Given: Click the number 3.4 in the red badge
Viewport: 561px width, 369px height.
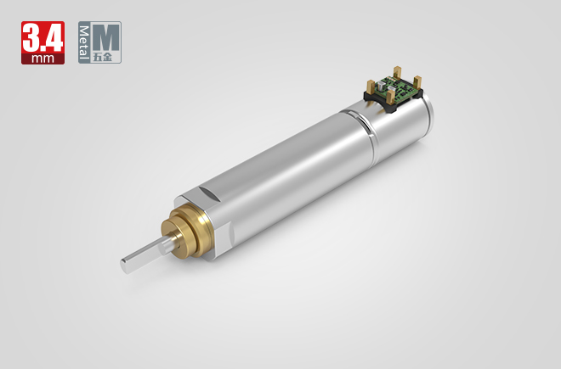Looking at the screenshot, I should pyautogui.click(x=42, y=36).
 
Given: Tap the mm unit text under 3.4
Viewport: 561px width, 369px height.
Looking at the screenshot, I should pyautogui.click(x=42, y=59).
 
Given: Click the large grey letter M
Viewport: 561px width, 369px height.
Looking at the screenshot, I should pyautogui.click(x=108, y=36).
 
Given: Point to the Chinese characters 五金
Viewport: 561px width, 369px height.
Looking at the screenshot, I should pyautogui.click(x=108, y=58).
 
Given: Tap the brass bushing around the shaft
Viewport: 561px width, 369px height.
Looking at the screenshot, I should pyautogui.click(x=193, y=229).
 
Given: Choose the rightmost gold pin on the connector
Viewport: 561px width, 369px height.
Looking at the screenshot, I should pyautogui.click(x=418, y=83).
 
